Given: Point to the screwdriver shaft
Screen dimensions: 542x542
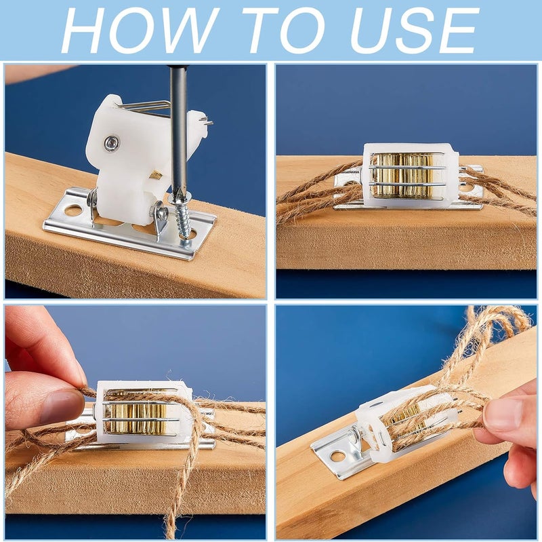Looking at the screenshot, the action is [178, 132].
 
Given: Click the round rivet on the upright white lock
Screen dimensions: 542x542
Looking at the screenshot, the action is [111, 142].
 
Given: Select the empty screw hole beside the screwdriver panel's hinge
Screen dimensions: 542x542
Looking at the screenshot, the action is [72, 210].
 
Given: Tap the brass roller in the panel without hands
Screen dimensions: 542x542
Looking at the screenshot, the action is [402, 176].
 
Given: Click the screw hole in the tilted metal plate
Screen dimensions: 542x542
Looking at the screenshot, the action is [338, 457].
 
